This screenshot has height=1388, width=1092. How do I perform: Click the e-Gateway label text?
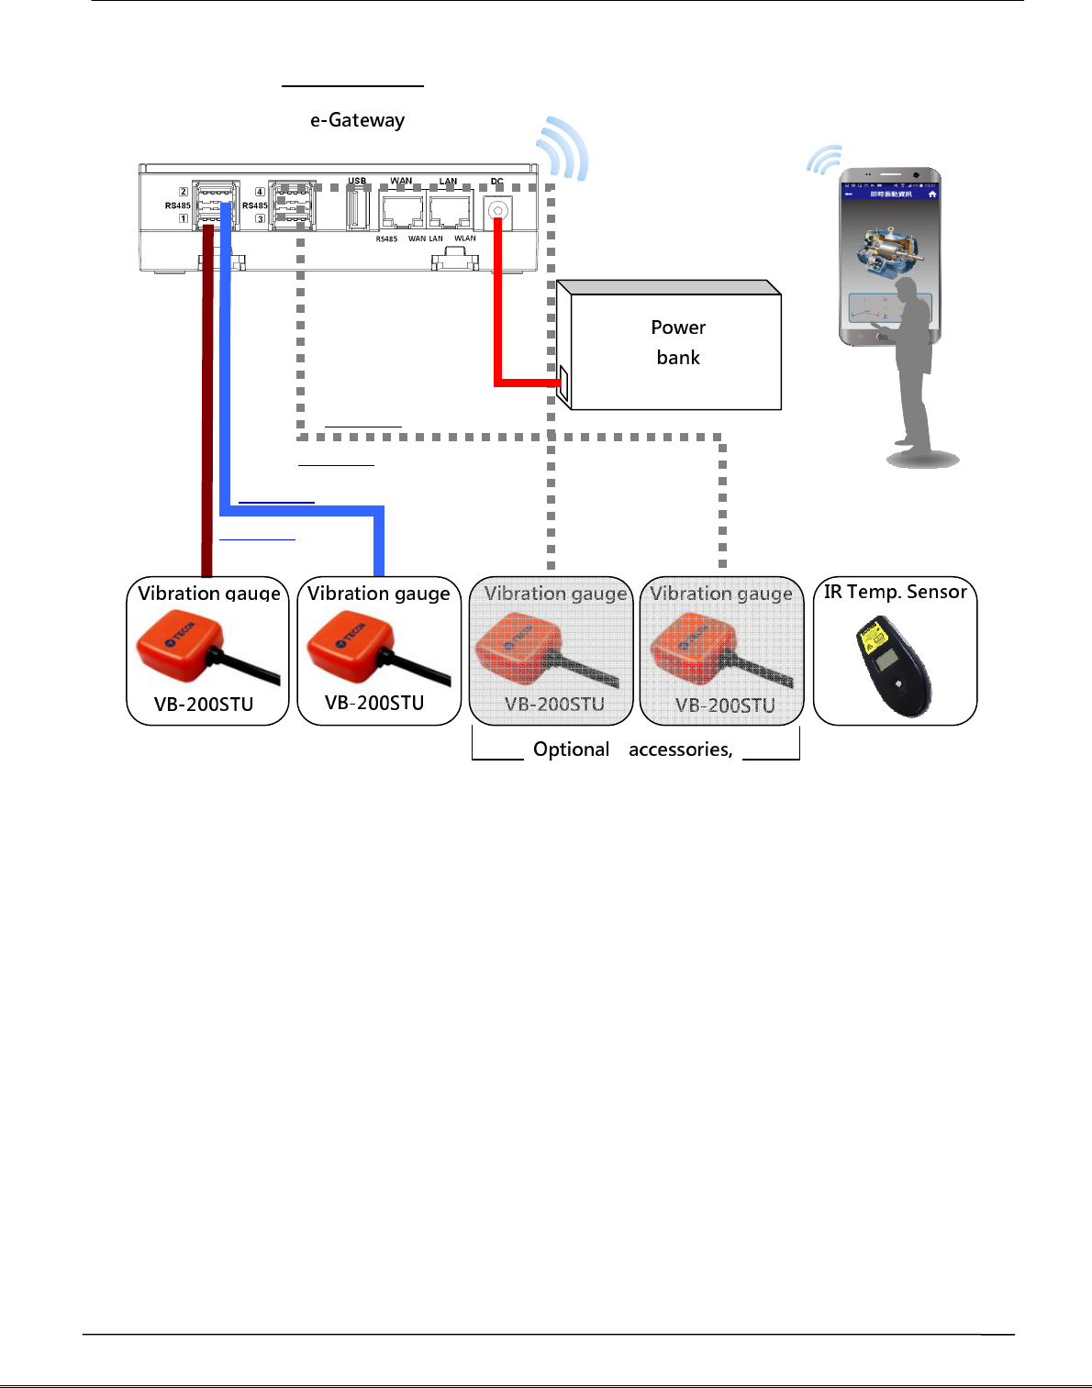point(357,120)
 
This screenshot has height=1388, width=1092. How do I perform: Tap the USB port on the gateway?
point(357,208)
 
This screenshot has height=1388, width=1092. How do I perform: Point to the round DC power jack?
point(498,211)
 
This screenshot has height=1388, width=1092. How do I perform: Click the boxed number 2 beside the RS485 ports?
point(184,192)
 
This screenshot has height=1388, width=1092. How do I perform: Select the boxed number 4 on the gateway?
point(260,192)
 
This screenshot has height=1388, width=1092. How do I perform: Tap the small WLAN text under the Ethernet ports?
point(465,239)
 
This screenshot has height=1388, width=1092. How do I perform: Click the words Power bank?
point(678,342)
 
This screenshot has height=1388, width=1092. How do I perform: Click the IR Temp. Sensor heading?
point(895,592)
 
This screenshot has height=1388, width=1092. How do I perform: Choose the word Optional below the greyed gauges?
point(571,750)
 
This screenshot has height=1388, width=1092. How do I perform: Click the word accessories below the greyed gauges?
point(680,750)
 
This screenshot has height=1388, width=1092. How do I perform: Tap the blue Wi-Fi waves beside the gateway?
point(563,149)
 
